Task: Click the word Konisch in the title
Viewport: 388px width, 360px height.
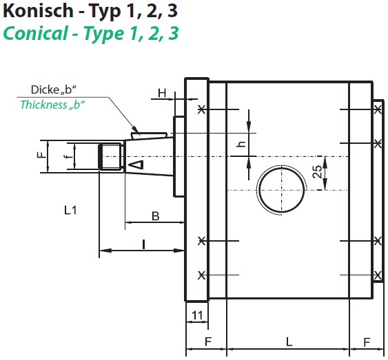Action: point(39,11)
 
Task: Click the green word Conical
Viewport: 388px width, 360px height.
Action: point(35,33)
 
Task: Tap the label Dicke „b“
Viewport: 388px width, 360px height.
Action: point(54,89)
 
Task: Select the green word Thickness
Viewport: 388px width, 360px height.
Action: point(43,105)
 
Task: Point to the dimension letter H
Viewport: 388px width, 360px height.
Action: point(162,94)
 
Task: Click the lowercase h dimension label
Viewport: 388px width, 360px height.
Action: point(241,144)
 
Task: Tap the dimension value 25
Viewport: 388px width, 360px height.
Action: point(317,171)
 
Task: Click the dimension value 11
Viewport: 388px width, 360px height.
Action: point(197,315)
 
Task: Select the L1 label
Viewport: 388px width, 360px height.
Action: point(70,210)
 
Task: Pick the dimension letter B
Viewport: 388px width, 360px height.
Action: point(155,216)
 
